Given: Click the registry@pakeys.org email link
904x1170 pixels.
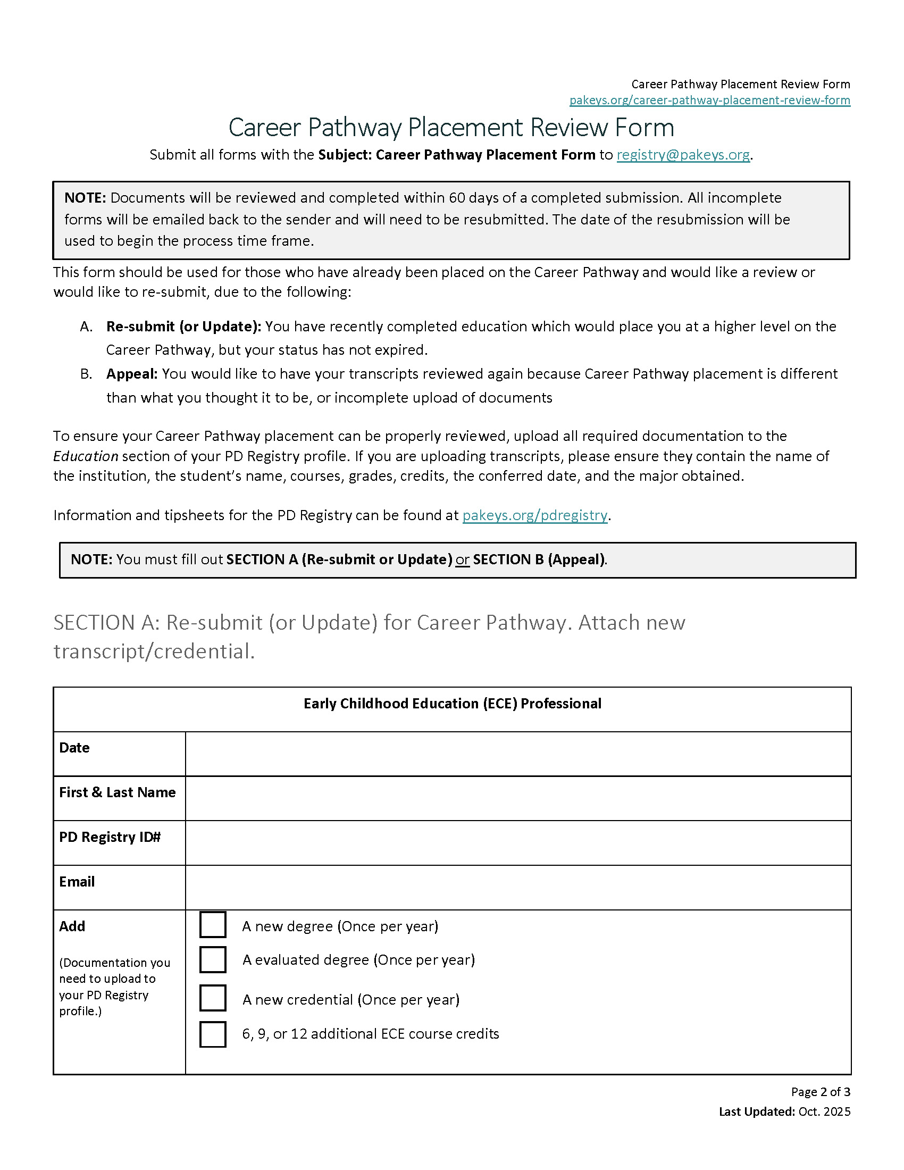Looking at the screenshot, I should [x=683, y=155].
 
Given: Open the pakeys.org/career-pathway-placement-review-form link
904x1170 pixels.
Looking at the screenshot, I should [x=709, y=100].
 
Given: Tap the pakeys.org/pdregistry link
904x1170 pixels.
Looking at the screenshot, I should [x=534, y=515].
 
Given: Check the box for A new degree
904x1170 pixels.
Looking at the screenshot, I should [x=213, y=925].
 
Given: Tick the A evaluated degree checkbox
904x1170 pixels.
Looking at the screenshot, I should [x=213, y=959].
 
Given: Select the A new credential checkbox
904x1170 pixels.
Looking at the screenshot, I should [x=213, y=998].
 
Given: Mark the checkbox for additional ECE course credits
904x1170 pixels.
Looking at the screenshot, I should [x=213, y=1034].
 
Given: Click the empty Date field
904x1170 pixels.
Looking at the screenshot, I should [x=517, y=753].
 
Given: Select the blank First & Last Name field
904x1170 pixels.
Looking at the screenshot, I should [x=517, y=798].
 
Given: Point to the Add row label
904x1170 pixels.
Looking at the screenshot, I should [x=72, y=926].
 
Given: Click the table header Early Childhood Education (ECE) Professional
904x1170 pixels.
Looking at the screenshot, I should [x=452, y=704].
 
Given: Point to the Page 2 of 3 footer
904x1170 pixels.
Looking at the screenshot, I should [x=821, y=1092].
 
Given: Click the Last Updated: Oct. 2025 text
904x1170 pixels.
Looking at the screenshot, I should [x=784, y=1111].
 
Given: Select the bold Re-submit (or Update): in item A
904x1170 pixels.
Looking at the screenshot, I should [x=183, y=326].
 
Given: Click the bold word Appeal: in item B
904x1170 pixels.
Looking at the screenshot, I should [x=132, y=373].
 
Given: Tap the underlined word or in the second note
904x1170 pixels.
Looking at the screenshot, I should [x=462, y=559].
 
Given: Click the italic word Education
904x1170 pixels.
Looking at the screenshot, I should [x=86, y=456].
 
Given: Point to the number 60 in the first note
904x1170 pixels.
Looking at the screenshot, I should [x=456, y=198].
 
